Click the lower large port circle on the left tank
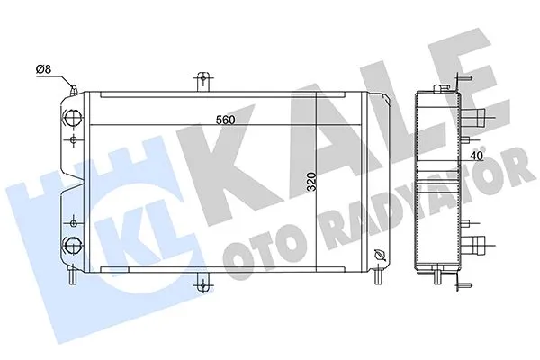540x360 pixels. click(x=73, y=242)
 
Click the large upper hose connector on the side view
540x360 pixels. click(x=485, y=116)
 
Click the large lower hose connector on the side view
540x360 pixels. click(x=485, y=242)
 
